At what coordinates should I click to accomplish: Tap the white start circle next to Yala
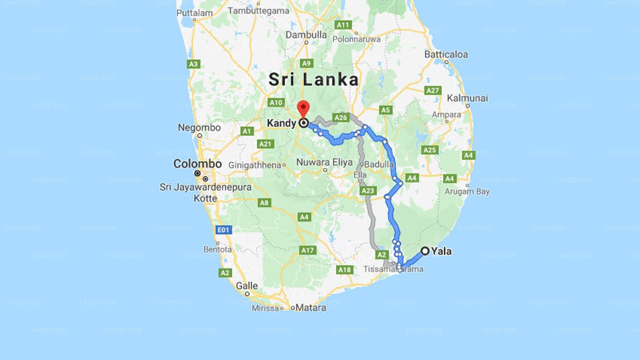[425, 251]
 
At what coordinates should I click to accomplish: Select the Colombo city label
[197, 164]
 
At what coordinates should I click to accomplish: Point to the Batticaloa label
[446, 54]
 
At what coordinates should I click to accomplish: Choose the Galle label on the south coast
[247, 286]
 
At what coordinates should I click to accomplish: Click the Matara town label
[310, 307]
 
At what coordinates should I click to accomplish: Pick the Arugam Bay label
[467, 191]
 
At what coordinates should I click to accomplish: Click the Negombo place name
[199, 128]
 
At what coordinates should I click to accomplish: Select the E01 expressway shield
[223, 230]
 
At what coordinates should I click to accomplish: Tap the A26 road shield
[340, 117]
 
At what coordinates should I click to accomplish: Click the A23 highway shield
[367, 190]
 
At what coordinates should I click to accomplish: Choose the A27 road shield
[432, 90]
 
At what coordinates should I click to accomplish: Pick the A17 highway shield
[307, 250]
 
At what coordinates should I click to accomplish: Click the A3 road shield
[193, 64]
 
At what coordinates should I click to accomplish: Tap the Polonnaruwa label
[356, 39]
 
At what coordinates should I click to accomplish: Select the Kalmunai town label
[467, 98]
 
